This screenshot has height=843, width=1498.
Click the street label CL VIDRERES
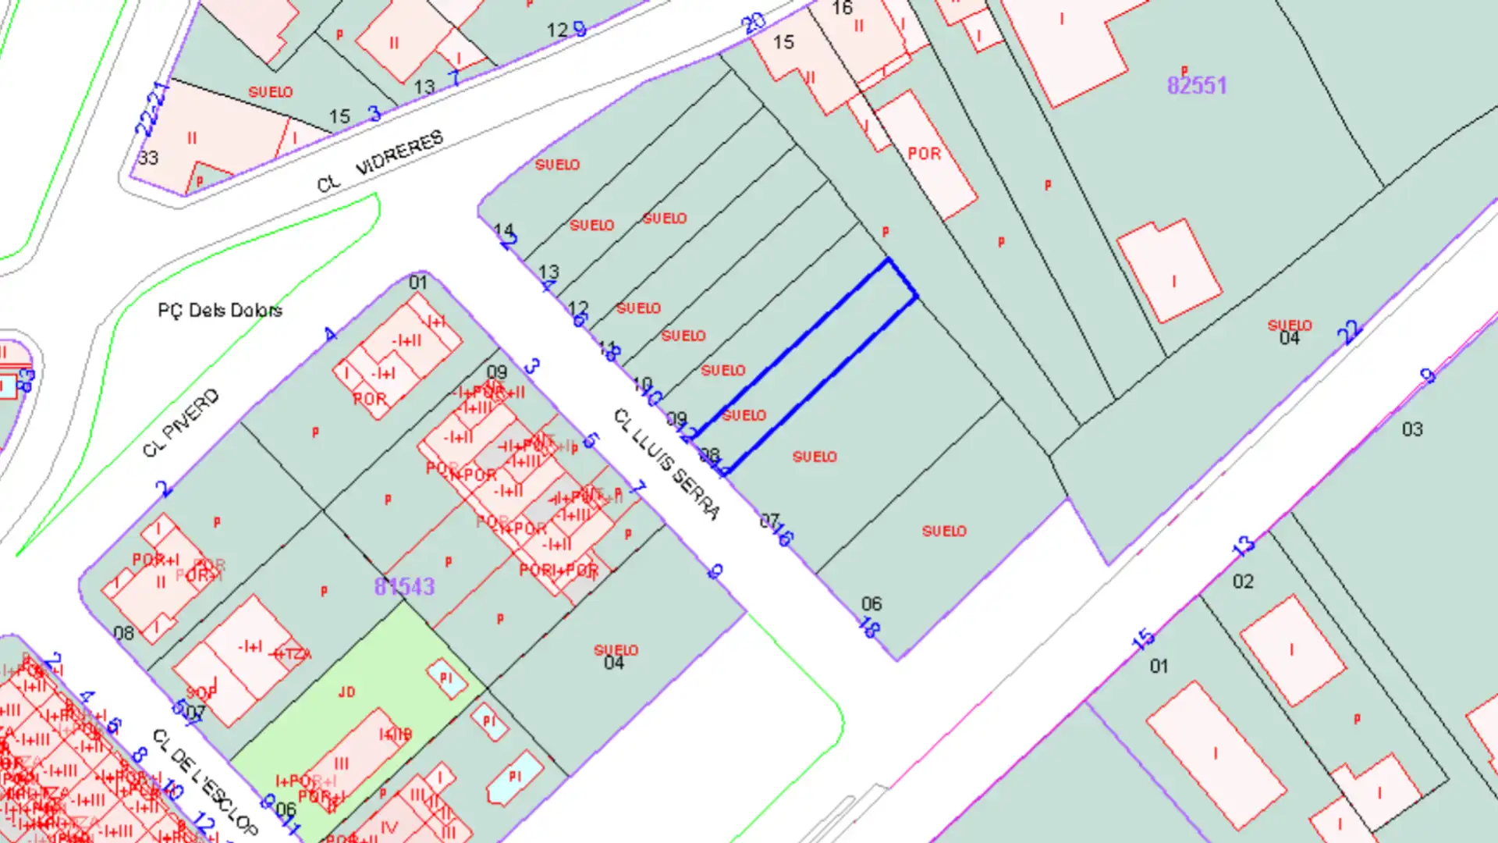pyautogui.click(x=380, y=162)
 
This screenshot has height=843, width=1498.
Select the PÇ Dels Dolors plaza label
pyautogui.click(x=220, y=311)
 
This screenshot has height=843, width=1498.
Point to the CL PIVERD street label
pyautogui.click(x=181, y=422)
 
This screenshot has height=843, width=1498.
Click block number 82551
pyautogui.click(x=1197, y=86)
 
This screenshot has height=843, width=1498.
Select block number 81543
pyautogui.click(x=404, y=586)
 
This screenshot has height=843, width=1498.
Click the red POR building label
pyautogui.click(x=925, y=154)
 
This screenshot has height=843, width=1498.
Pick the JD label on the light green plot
pyautogui.click(x=346, y=692)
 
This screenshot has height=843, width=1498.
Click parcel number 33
pyautogui.click(x=148, y=158)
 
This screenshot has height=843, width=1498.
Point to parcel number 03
pyautogui.click(x=1412, y=429)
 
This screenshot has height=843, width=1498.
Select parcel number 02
pyautogui.click(x=1243, y=582)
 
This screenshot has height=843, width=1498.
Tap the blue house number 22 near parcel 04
pyautogui.click(x=1349, y=332)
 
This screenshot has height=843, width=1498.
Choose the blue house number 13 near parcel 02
pyautogui.click(x=1244, y=545)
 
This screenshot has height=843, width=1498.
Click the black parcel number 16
pyautogui.click(x=843, y=9)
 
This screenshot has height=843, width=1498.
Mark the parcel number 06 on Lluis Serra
pyautogui.click(x=871, y=603)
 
